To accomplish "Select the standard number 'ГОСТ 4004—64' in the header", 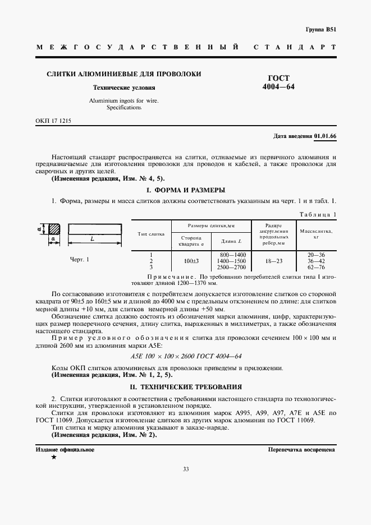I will [x=278, y=82].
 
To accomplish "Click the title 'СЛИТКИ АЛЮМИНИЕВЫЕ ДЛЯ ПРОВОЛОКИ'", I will [x=123, y=74].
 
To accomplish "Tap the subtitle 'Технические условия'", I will [x=123, y=88].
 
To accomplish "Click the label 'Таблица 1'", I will [x=318, y=214].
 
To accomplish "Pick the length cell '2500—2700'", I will [x=231, y=268].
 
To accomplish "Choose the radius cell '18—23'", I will [x=273, y=261].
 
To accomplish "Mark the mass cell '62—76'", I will [x=317, y=268].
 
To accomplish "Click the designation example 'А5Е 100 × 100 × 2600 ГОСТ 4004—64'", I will [x=185, y=356].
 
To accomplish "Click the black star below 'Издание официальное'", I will [x=53, y=458].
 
